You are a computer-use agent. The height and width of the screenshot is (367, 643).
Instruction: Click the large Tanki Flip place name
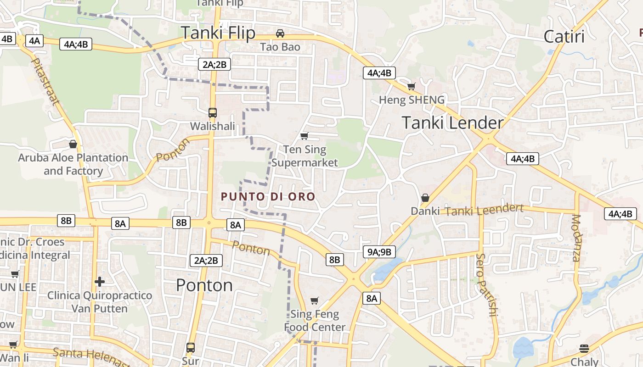click(218, 33)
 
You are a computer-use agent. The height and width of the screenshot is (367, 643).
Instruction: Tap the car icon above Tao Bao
click(280, 33)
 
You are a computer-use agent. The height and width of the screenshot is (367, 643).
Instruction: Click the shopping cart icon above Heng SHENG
click(411, 86)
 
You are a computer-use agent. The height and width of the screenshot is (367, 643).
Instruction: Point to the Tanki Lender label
click(452, 123)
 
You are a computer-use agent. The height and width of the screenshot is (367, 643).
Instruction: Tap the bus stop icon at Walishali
click(212, 112)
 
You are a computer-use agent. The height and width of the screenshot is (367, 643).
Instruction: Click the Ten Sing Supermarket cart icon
click(304, 136)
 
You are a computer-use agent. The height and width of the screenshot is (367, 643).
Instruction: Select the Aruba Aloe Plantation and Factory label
click(73, 164)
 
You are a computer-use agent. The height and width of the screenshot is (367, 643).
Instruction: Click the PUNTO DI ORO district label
click(268, 197)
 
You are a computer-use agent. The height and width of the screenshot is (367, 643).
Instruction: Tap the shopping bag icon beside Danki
click(425, 198)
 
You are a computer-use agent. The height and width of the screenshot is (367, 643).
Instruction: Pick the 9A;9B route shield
click(379, 251)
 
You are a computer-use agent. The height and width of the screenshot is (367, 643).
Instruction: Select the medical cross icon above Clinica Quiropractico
click(100, 281)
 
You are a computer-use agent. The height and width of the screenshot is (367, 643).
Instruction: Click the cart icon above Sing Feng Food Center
click(315, 301)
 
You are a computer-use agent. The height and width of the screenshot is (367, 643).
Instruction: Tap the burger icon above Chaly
click(584, 348)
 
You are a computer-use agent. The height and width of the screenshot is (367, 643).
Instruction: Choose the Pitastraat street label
click(45, 81)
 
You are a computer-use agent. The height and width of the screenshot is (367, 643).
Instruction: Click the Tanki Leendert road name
click(484, 211)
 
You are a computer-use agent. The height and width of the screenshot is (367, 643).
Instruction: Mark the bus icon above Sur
click(191, 347)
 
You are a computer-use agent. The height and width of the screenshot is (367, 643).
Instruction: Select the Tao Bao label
click(280, 47)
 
